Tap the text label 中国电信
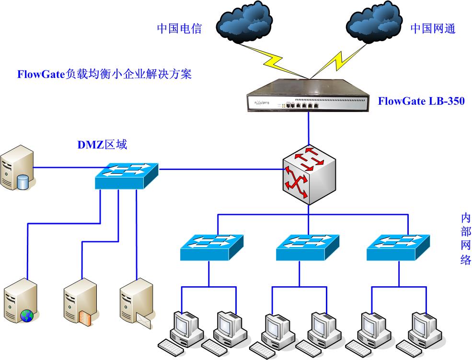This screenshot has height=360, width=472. click(x=179, y=28)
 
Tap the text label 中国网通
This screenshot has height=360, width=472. click(x=433, y=28)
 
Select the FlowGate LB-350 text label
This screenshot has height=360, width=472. click(x=421, y=101)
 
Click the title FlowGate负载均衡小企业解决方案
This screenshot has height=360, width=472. click(x=104, y=74)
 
